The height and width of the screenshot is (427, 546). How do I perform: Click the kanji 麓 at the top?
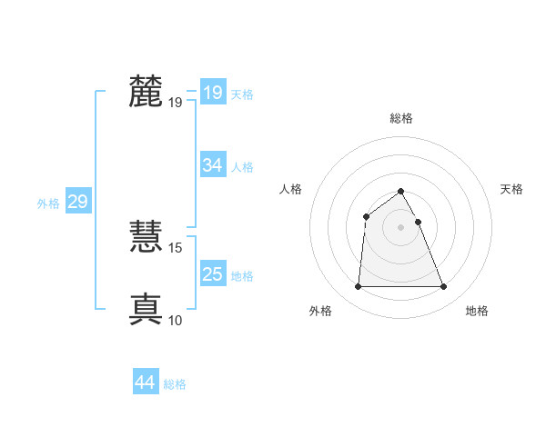tap(147, 92)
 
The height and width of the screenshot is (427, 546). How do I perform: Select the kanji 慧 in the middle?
tap(147, 237)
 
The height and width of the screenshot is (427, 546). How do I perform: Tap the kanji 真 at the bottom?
tap(147, 309)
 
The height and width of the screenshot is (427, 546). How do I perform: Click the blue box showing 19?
tap(213, 93)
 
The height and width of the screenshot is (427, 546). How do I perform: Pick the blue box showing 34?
tap(213, 165)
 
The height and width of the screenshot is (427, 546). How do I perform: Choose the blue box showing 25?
tap(213, 274)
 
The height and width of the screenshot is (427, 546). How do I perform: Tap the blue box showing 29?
tap(77, 202)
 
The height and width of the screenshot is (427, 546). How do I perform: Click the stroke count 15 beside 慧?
tap(176, 248)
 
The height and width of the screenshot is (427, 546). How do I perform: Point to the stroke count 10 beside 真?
tap(176, 321)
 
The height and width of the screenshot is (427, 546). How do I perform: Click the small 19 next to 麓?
tap(176, 103)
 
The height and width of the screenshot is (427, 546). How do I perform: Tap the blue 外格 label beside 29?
tap(48, 204)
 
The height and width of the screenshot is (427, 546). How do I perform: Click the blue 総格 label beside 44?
tap(175, 384)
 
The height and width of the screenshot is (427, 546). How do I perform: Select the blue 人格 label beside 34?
tap(242, 167)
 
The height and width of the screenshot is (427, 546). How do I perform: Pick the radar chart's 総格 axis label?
tap(401, 118)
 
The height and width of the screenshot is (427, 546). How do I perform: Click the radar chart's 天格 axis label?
tap(511, 189)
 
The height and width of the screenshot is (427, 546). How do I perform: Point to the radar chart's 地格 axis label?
tap(477, 311)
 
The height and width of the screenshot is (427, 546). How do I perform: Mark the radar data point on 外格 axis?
tap(358, 287)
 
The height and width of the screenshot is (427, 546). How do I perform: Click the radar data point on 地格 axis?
tap(444, 287)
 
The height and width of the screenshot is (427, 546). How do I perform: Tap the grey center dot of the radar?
tap(401, 226)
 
